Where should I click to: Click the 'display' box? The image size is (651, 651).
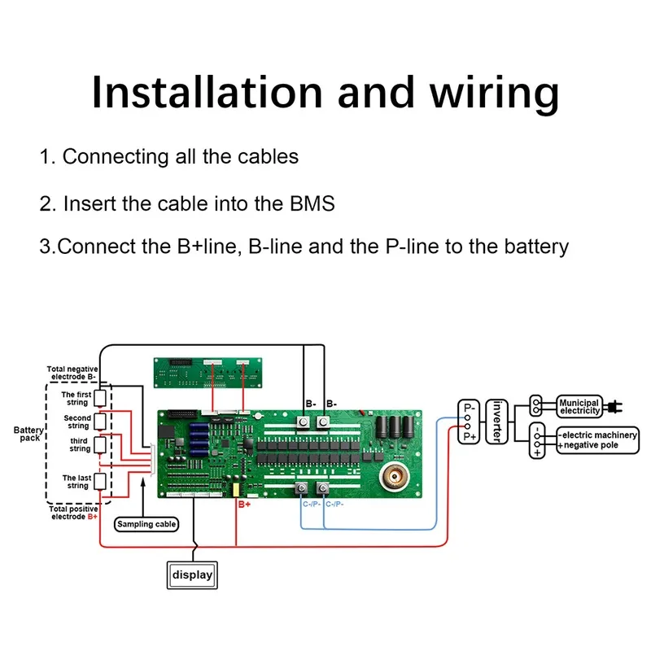(192, 575)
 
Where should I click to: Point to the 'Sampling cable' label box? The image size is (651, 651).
(146, 524)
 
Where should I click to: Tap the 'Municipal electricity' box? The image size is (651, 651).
(579, 406)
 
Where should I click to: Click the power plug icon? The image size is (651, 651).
(616, 404)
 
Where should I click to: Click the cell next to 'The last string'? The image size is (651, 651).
(100, 482)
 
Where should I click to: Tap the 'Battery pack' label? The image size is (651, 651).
(28, 435)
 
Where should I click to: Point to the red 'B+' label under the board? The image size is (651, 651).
(244, 505)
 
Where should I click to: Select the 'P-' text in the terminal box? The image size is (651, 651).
(470, 407)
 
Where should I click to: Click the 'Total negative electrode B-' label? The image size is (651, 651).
(72, 374)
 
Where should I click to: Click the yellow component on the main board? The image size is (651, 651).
(236, 490)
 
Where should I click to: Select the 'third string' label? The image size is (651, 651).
(79, 444)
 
